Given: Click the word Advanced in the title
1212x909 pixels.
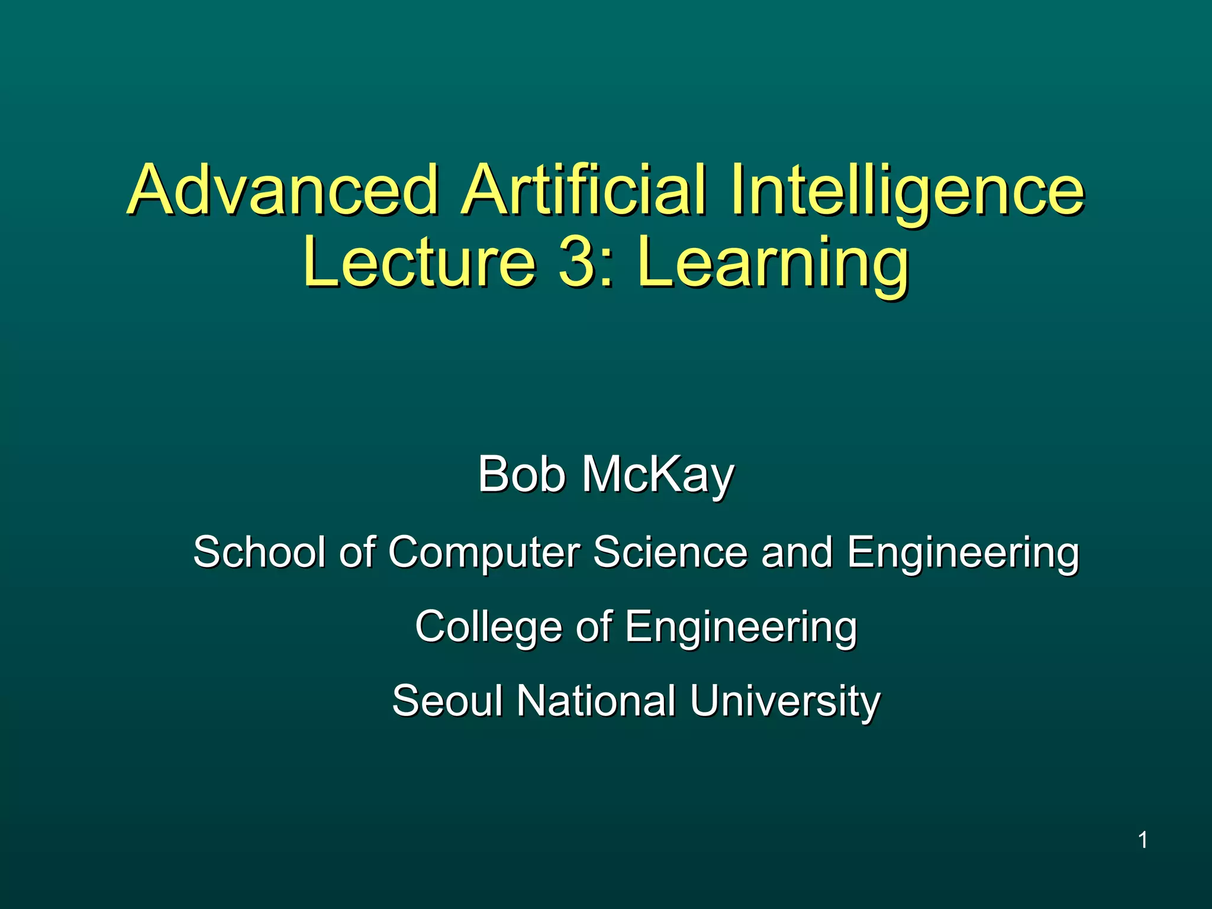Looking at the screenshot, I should click(282, 191).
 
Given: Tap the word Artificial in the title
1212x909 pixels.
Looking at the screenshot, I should click(584, 191).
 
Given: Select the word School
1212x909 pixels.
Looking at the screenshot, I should click(259, 552).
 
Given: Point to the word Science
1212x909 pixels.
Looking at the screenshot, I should click(670, 552).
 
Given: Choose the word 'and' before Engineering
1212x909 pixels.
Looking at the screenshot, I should click(797, 552).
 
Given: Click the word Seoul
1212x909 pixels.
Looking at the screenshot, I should click(447, 701).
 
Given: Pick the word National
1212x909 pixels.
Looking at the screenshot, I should click(596, 701).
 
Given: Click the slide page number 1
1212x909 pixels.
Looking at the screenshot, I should click(1143, 840).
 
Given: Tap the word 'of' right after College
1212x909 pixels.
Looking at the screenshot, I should click(594, 627).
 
